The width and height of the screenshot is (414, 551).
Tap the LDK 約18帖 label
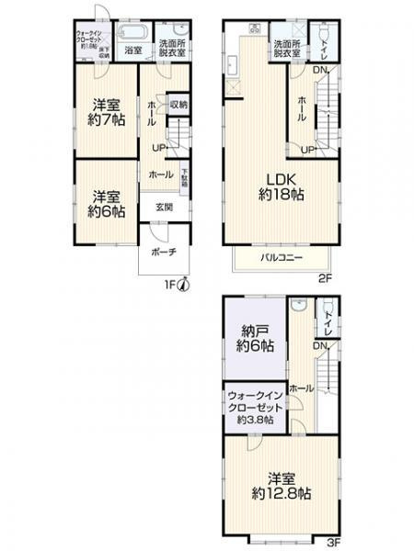click(x=281, y=186)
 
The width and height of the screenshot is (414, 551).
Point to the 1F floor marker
click(x=170, y=286)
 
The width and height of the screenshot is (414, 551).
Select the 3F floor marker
click(x=333, y=541)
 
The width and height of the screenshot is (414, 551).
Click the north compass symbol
click(x=184, y=285)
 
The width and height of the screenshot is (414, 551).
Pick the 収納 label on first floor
click(x=179, y=105)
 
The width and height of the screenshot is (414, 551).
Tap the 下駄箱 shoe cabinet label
click(x=185, y=179)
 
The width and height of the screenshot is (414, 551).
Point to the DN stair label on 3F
click(x=319, y=344)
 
